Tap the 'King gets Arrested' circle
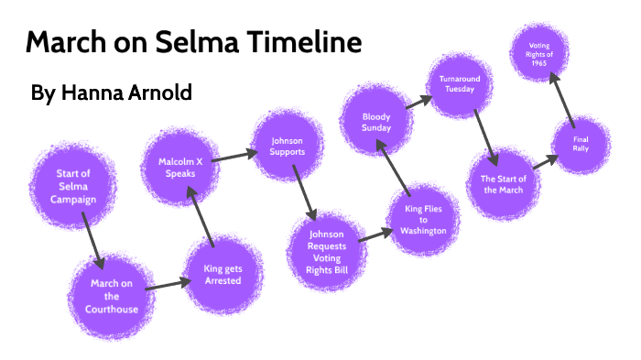coord(223,274)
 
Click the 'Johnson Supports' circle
coord(287,147)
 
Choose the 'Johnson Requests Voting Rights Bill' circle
coord(325,245)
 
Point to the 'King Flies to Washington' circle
coord(423,220)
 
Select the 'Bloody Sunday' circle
coord(376,121)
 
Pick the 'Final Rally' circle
coord(581,145)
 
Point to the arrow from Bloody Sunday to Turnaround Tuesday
coord(418,102)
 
